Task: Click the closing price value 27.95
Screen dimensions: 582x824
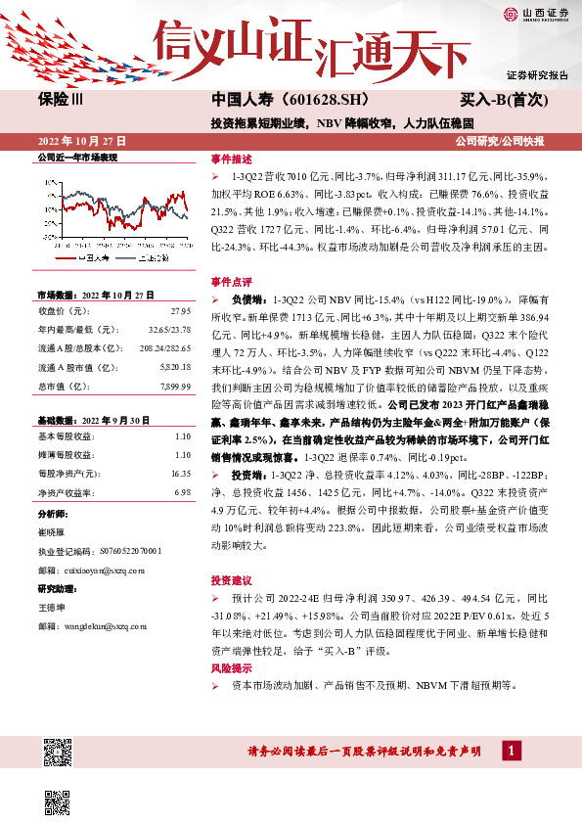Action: (x=178, y=311)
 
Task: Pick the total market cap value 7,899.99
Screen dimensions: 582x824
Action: (x=173, y=386)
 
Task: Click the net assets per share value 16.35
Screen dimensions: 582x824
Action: (x=180, y=473)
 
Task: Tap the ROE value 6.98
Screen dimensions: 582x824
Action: (x=181, y=491)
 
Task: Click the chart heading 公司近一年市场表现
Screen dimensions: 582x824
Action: (x=77, y=158)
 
